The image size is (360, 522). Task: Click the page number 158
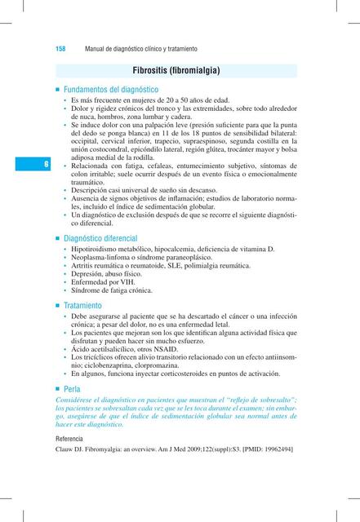click(x=60, y=50)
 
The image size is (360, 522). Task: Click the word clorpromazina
click(x=177, y=365)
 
